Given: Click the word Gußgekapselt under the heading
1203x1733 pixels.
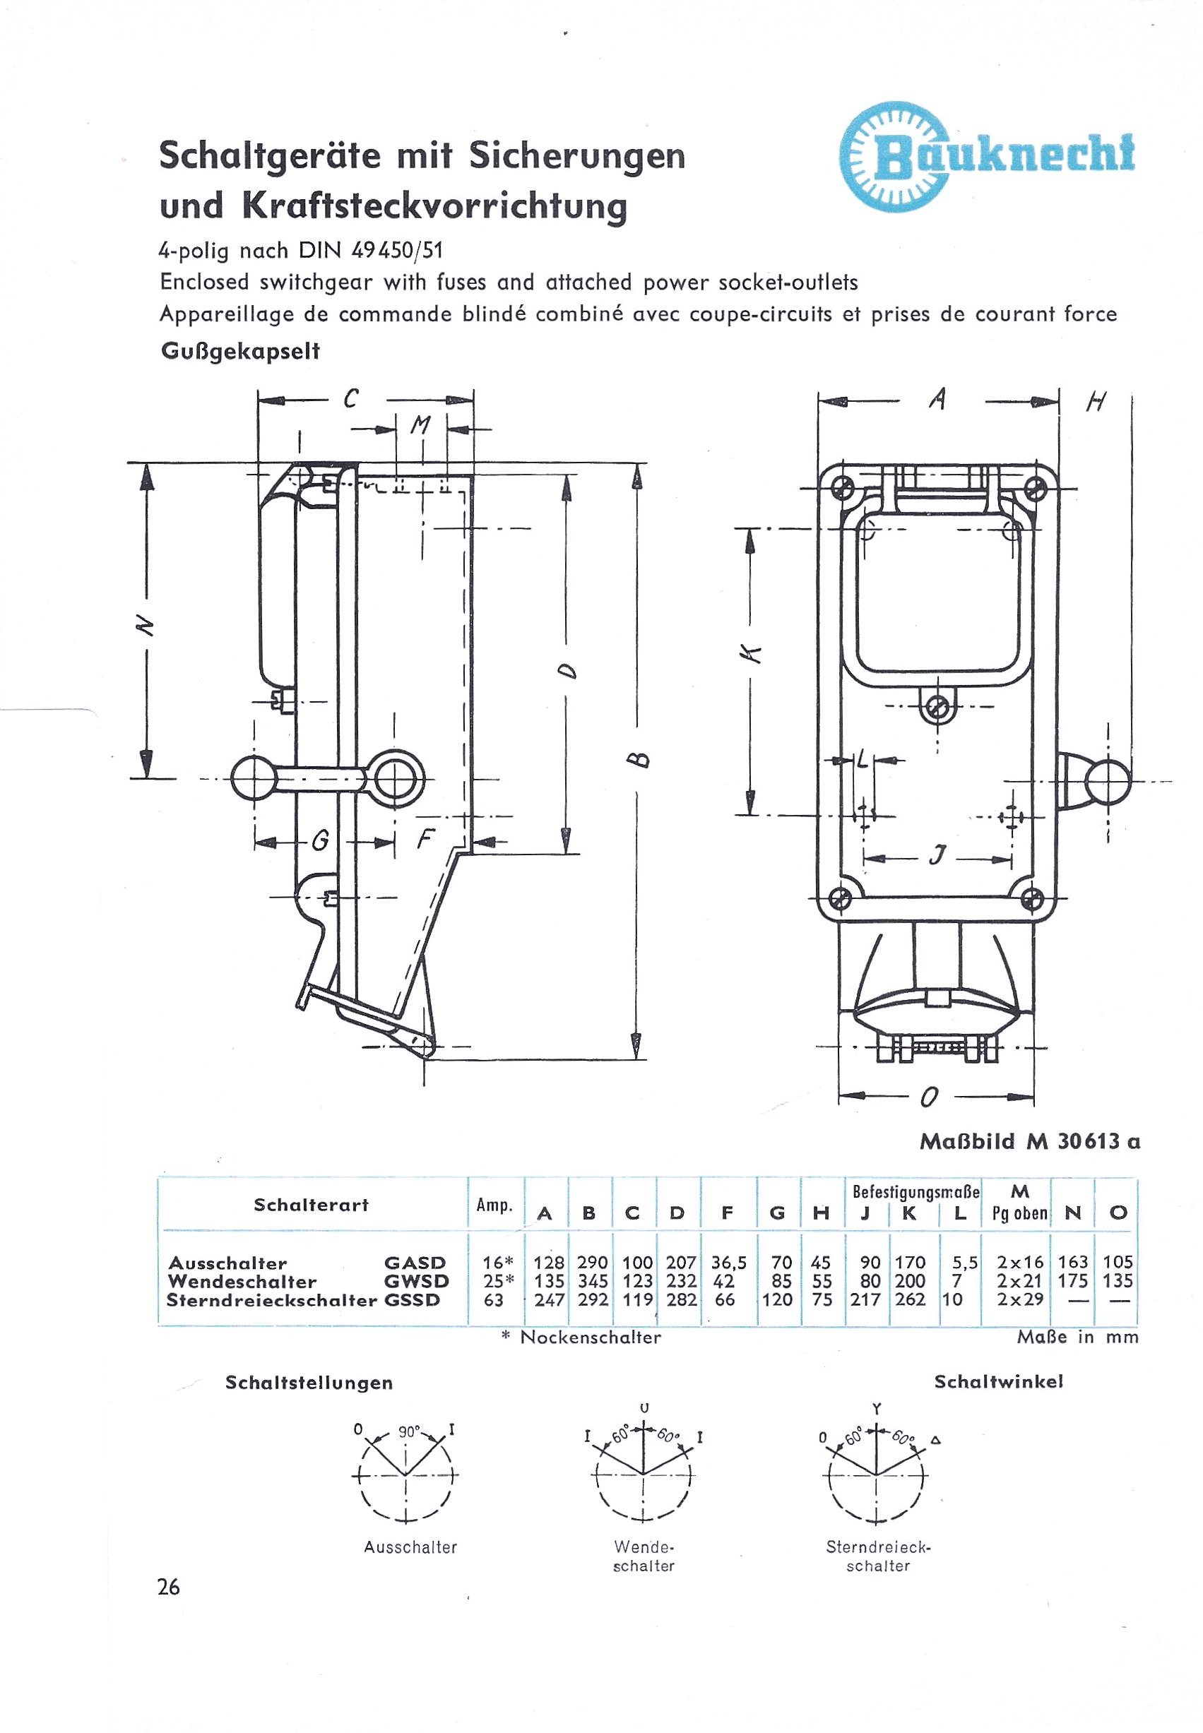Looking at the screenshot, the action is pyautogui.click(x=240, y=352).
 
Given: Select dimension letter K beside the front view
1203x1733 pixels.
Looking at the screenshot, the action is pyautogui.click(x=751, y=655).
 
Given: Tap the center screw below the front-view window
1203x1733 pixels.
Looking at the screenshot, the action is pyautogui.click(x=937, y=707).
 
